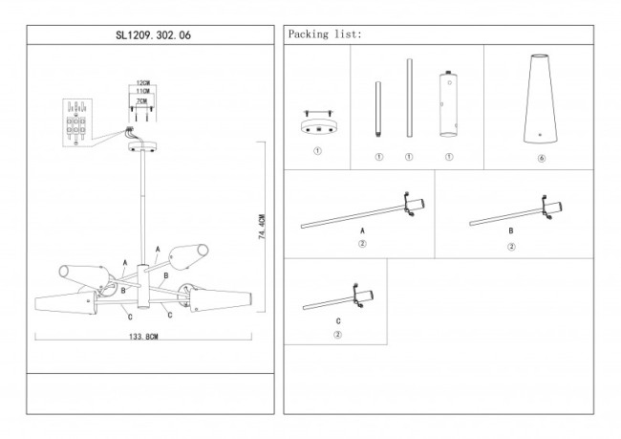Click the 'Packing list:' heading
324,34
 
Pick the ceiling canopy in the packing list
318,125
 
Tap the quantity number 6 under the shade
542,156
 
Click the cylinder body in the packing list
445,105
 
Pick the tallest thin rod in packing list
409,99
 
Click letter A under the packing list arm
362,231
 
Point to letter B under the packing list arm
511,231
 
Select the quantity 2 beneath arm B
511,246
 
